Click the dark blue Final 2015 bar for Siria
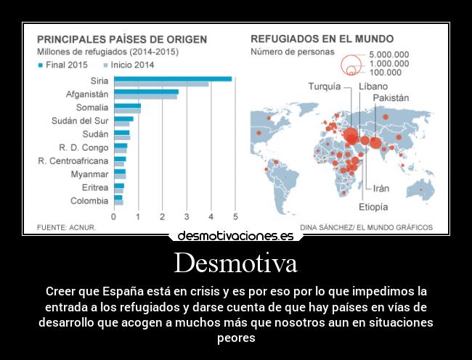[173, 78]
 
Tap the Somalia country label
[91, 107]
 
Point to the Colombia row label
[89, 200]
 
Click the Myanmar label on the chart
[89, 174]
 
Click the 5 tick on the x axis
[235, 216]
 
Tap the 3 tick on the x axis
[187, 216]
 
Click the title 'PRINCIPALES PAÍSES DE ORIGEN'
[121, 39]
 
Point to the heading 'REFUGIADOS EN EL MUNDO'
[322, 39]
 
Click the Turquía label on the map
[324, 86]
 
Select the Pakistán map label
[391, 97]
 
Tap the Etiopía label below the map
[373, 207]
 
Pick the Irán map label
[381, 188]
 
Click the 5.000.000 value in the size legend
[388, 54]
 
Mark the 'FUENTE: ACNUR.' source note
[66, 227]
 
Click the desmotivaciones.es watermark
[235, 236]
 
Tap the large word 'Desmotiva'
[235, 263]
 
